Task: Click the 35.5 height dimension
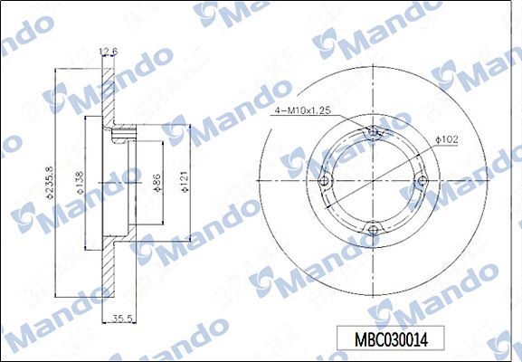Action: coord(124,317)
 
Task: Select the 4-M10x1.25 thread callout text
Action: coord(303,110)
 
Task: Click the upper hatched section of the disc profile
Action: coord(111,100)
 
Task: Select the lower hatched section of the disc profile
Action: coord(111,271)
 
